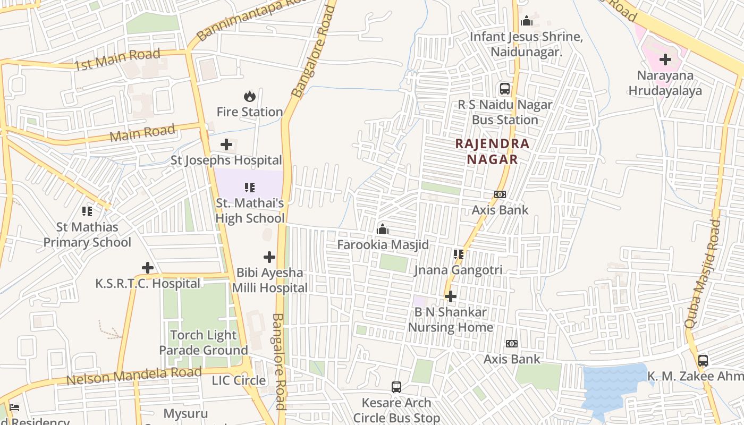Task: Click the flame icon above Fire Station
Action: (249, 96)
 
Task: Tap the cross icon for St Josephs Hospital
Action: (226, 144)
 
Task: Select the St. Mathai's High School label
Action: (250, 211)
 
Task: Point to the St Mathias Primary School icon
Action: (87, 211)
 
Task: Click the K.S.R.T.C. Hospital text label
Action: (148, 284)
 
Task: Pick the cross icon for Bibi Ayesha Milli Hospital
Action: (269, 257)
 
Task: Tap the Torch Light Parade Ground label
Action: (204, 343)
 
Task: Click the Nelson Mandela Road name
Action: (133, 376)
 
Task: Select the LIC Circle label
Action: (239, 380)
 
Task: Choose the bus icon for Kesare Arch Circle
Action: (396, 387)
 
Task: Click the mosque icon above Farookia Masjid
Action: (383, 229)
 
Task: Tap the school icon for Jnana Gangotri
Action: (458, 254)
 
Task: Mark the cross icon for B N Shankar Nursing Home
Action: (451, 296)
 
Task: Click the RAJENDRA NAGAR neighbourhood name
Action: (492, 151)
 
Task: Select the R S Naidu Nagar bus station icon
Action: (504, 89)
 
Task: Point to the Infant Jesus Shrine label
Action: (526, 45)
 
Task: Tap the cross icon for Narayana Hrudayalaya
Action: (665, 59)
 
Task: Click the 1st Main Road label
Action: (117, 59)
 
